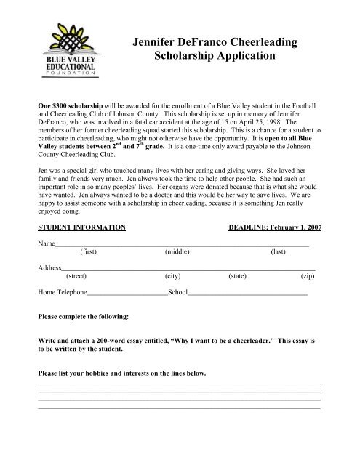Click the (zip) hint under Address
pyautogui.click(x=308, y=276)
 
